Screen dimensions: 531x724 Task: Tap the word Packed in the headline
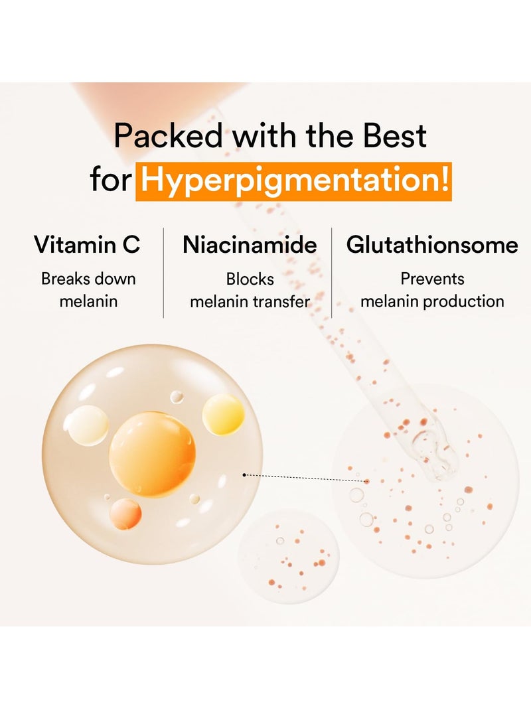point(169,135)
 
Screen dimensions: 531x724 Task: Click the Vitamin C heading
point(87,244)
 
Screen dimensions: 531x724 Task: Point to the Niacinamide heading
point(250,244)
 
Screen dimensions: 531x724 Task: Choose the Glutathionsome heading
point(432,244)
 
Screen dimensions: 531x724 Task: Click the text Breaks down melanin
point(88,290)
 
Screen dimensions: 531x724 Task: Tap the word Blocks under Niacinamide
point(250,279)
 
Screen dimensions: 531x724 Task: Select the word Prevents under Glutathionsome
point(432,279)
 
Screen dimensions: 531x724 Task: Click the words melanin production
point(432,301)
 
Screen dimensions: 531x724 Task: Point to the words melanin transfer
point(250,301)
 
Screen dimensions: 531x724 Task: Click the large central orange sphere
point(152,454)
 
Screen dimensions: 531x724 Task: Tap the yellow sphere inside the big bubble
point(223,414)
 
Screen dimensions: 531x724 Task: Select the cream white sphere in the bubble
point(86,426)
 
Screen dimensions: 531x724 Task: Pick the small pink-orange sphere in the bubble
point(125,514)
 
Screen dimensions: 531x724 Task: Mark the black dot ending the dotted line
point(244,474)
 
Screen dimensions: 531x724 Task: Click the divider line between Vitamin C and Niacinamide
point(163,273)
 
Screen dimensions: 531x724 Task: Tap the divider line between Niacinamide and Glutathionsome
point(331,273)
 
